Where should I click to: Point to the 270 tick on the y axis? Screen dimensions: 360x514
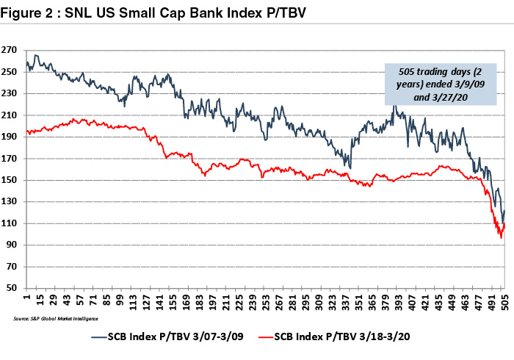click(10, 50)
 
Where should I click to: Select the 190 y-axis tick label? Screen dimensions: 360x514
click(10, 137)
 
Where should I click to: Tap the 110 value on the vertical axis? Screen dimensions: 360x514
click(10, 223)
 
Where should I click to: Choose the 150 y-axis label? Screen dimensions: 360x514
click(10, 180)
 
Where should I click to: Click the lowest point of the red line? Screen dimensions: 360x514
click(501, 237)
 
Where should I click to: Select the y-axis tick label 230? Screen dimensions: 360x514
click(10, 93)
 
